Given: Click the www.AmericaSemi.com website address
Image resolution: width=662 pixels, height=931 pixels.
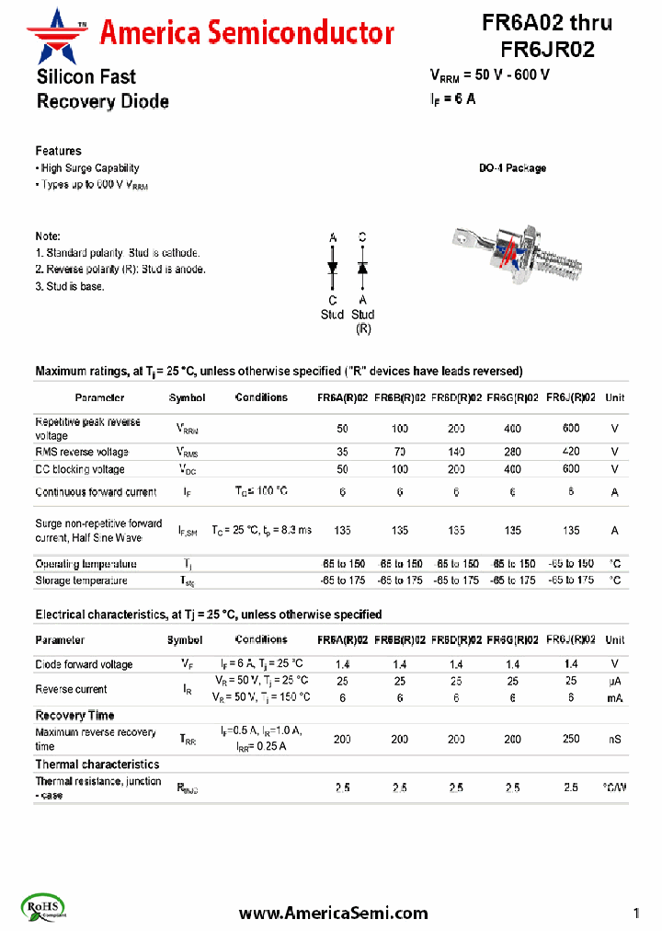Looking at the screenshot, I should (333, 913).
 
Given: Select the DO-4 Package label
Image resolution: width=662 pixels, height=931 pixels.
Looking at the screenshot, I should (512, 168).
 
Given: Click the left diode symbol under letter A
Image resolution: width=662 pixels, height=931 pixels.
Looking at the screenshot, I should (333, 268).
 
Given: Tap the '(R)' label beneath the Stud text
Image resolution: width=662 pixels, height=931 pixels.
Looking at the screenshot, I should (363, 328).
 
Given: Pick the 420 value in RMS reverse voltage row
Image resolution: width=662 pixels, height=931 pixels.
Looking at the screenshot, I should (571, 452).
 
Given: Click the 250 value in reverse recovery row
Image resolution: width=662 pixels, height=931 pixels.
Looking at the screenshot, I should (571, 739).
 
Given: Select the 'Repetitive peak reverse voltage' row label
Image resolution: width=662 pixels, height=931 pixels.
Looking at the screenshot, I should (88, 429).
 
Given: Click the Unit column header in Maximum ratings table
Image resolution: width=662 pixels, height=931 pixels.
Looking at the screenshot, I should (615, 397).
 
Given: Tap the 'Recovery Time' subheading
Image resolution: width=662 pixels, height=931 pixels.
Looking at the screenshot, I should (75, 715).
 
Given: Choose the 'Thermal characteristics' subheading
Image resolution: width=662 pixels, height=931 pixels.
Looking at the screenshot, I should (97, 764).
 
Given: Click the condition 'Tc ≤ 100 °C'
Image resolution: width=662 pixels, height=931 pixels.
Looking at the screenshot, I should (261, 491).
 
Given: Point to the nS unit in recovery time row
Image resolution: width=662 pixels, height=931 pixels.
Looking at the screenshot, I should (614, 739).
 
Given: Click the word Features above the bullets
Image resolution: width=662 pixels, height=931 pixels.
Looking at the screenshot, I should (59, 151).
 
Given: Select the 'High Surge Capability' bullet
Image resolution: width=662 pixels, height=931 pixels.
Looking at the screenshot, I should (89, 168).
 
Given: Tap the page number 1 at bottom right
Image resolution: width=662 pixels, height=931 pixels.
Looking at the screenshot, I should (636, 913).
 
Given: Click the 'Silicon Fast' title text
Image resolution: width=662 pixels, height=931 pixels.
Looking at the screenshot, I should (86, 77).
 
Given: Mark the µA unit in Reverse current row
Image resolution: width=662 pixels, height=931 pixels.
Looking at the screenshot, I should (615, 681).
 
